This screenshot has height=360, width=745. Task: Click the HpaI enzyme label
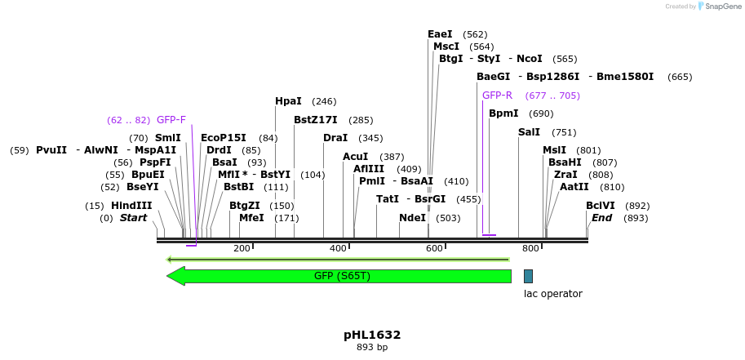point(288,101)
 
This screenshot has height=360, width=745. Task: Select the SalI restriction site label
point(529,132)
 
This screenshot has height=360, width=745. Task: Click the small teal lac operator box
point(528,276)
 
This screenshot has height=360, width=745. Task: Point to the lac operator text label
point(552,294)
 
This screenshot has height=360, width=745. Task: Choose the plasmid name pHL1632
point(372,335)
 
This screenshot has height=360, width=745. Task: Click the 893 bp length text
point(372,348)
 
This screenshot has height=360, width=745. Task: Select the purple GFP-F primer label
point(171,120)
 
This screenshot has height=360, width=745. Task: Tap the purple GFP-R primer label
point(497,96)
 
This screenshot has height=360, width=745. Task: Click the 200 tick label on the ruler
point(242,248)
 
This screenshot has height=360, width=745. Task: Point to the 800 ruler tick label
point(530,248)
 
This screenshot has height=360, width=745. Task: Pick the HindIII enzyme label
point(131,206)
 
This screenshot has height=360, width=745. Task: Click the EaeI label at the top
point(440,34)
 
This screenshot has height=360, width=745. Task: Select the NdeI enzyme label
point(412,218)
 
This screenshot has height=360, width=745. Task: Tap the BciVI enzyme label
point(600,206)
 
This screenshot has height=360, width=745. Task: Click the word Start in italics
point(133,218)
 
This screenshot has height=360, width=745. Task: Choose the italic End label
point(601,218)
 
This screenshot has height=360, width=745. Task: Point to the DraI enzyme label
point(335,138)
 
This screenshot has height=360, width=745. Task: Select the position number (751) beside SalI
point(564,132)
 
